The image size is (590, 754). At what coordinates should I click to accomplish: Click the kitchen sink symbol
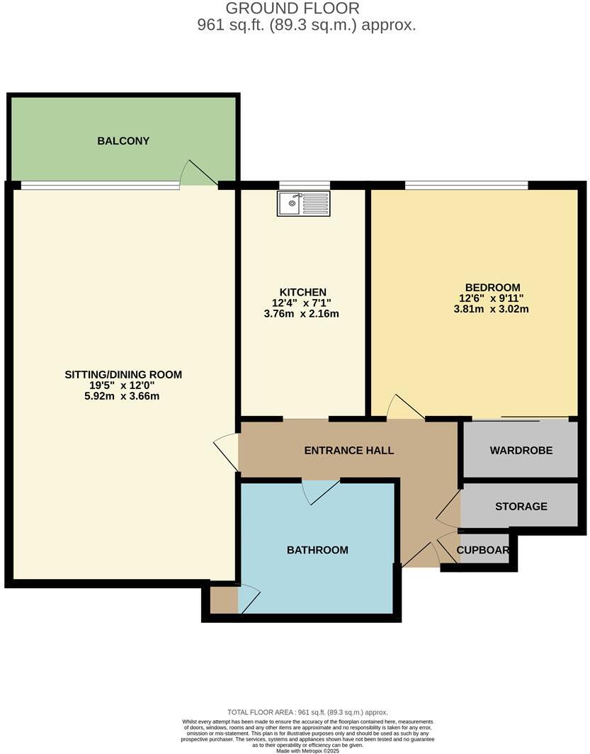click(303, 203)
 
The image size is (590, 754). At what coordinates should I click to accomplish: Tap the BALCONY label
click(123, 140)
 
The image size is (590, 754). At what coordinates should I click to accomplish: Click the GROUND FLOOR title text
click(293, 9)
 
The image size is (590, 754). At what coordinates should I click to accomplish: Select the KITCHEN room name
click(302, 292)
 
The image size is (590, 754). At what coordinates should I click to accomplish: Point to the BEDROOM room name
click(491, 287)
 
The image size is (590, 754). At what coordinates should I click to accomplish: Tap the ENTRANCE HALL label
click(348, 450)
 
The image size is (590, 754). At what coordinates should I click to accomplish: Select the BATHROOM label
click(317, 550)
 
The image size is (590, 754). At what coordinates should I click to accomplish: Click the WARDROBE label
click(521, 450)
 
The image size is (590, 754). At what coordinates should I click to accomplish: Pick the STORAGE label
click(521, 506)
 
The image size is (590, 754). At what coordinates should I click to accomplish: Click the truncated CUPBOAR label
click(483, 550)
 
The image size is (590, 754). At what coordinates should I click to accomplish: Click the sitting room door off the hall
click(228, 451)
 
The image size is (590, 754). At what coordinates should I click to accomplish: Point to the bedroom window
click(466, 186)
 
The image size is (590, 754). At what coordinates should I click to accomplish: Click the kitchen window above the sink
click(304, 186)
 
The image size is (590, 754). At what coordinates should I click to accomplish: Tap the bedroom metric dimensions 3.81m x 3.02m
click(491, 309)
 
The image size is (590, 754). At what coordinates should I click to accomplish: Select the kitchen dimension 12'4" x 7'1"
click(302, 303)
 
